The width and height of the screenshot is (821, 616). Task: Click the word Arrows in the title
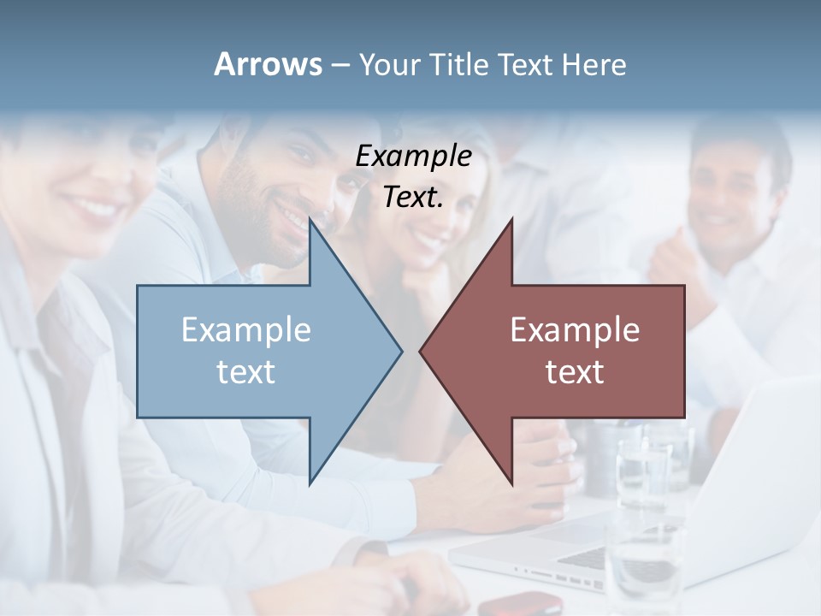269,64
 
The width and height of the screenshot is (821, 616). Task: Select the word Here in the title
594,64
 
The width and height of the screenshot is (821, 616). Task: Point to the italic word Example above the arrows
414,156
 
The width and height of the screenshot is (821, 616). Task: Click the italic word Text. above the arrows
414,197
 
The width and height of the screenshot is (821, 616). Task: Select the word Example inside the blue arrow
246,329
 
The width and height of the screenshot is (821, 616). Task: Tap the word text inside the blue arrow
246,371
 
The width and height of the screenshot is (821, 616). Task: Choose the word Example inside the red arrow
575,329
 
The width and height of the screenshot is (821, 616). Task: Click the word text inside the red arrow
575,371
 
